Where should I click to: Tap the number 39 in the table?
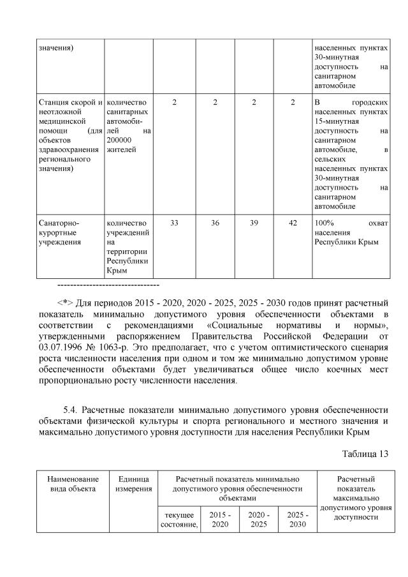tap(254, 223)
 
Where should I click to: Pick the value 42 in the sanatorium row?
tap(293, 223)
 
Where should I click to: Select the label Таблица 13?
tap(362, 453)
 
